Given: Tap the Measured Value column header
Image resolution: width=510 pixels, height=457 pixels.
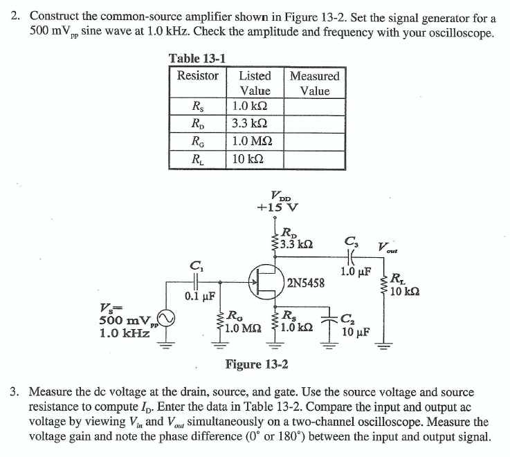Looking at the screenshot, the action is click(314, 83).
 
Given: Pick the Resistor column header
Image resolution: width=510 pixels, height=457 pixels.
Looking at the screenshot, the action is click(198, 75).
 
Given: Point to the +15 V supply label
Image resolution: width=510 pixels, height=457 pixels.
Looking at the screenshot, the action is click(277, 206).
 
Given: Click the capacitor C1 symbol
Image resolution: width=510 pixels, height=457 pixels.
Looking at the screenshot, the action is click(197, 282).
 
